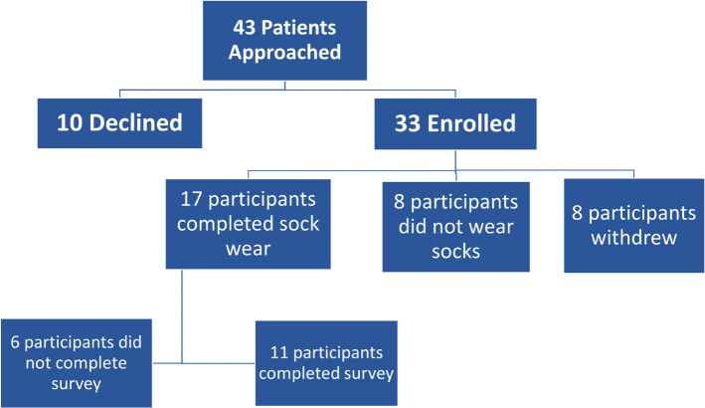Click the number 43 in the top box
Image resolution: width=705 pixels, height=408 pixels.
pos(245,28)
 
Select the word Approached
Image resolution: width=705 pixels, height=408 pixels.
pos(284,53)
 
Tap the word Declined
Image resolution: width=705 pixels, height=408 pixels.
pos(136,122)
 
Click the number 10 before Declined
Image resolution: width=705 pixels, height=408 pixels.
pos(70,122)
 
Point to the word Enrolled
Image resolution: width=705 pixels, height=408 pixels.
pos(471,123)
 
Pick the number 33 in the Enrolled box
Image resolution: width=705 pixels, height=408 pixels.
pos(408,123)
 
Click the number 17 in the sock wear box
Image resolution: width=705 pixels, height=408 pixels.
pos(191,199)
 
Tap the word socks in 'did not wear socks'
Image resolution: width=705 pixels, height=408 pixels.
pos(455,252)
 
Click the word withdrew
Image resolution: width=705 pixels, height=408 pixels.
pos(634,238)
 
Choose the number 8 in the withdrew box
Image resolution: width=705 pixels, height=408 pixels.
pos(577,213)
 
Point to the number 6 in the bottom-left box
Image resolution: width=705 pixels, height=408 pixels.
pos(15,342)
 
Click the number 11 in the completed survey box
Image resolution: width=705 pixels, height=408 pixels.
pos(278,352)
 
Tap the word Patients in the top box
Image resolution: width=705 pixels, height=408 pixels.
pos(298,28)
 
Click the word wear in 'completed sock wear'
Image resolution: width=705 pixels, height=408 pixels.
pos(249,249)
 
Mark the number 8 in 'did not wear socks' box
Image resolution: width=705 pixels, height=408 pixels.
pos(400,202)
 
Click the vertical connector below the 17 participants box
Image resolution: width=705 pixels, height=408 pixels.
pos(182,316)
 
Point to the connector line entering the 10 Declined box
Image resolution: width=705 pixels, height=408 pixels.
pos(119,94)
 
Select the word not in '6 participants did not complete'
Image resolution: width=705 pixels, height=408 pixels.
pos(38,363)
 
